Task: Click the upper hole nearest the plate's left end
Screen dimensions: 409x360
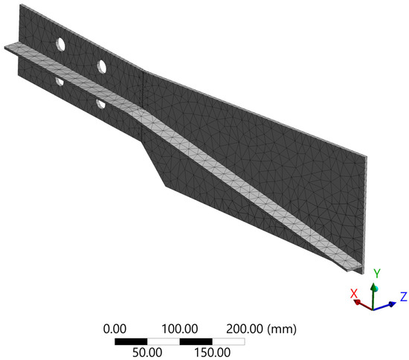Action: (x=61, y=44)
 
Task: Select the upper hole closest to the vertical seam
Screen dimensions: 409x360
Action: (x=101, y=66)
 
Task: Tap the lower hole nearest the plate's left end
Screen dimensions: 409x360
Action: (x=59, y=81)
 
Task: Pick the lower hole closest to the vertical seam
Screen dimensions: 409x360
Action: (x=100, y=103)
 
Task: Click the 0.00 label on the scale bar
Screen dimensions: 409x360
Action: (x=115, y=329)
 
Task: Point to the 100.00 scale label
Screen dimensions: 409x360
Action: (x=180, y=329)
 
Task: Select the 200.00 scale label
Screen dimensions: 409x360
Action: (x=245, y=329)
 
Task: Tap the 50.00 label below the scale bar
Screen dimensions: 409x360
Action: (x=147, y=353)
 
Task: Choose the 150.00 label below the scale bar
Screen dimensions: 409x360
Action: (x=213, y=353)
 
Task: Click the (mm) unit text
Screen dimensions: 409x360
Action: (x=282, y=329)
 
